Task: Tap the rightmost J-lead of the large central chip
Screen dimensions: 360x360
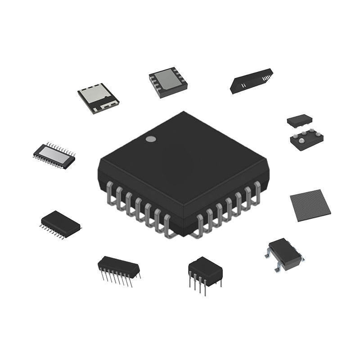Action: [257, 189]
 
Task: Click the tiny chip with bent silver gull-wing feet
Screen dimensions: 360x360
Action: [284, 253]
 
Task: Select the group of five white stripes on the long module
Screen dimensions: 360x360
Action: [267, 78]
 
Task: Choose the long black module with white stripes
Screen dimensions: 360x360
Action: [251, 81]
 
